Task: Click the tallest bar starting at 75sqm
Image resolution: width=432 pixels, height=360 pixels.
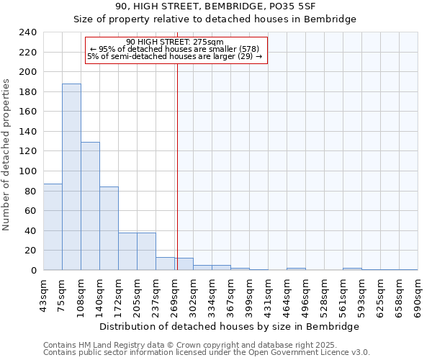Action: point(71,177)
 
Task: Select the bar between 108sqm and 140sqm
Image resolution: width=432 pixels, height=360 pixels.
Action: point(90,206)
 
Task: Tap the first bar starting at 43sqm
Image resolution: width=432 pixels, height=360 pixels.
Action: point(53,227)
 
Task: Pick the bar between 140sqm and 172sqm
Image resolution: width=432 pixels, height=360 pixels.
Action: point(109,228)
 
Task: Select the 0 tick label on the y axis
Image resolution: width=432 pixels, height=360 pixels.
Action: point(33,271)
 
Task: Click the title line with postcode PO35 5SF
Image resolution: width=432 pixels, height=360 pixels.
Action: point(215,6)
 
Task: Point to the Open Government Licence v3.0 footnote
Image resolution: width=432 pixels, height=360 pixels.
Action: point(206,352)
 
